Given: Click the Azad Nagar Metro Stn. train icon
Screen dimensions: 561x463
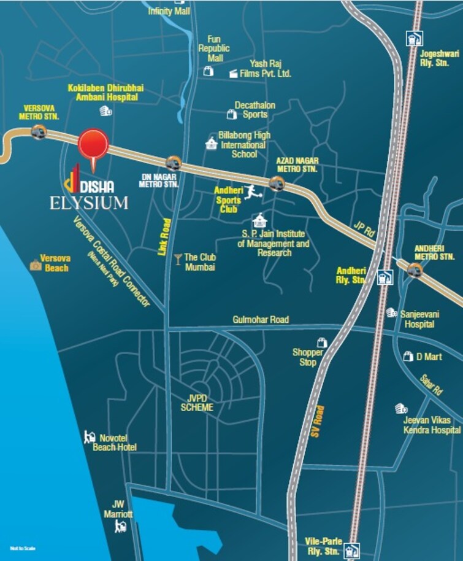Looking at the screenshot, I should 277,183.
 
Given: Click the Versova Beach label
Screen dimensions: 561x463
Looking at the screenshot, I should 55,263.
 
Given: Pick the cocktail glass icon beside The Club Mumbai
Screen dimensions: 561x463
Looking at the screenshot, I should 178,258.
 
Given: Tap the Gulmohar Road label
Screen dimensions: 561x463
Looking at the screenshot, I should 261,320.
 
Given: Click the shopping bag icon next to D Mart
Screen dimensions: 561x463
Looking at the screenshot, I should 408,356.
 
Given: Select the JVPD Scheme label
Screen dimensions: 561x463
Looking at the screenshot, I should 197,403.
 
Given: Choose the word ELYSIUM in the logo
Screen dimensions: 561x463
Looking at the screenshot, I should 89,203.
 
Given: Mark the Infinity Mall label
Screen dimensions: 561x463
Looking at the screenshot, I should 169,12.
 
